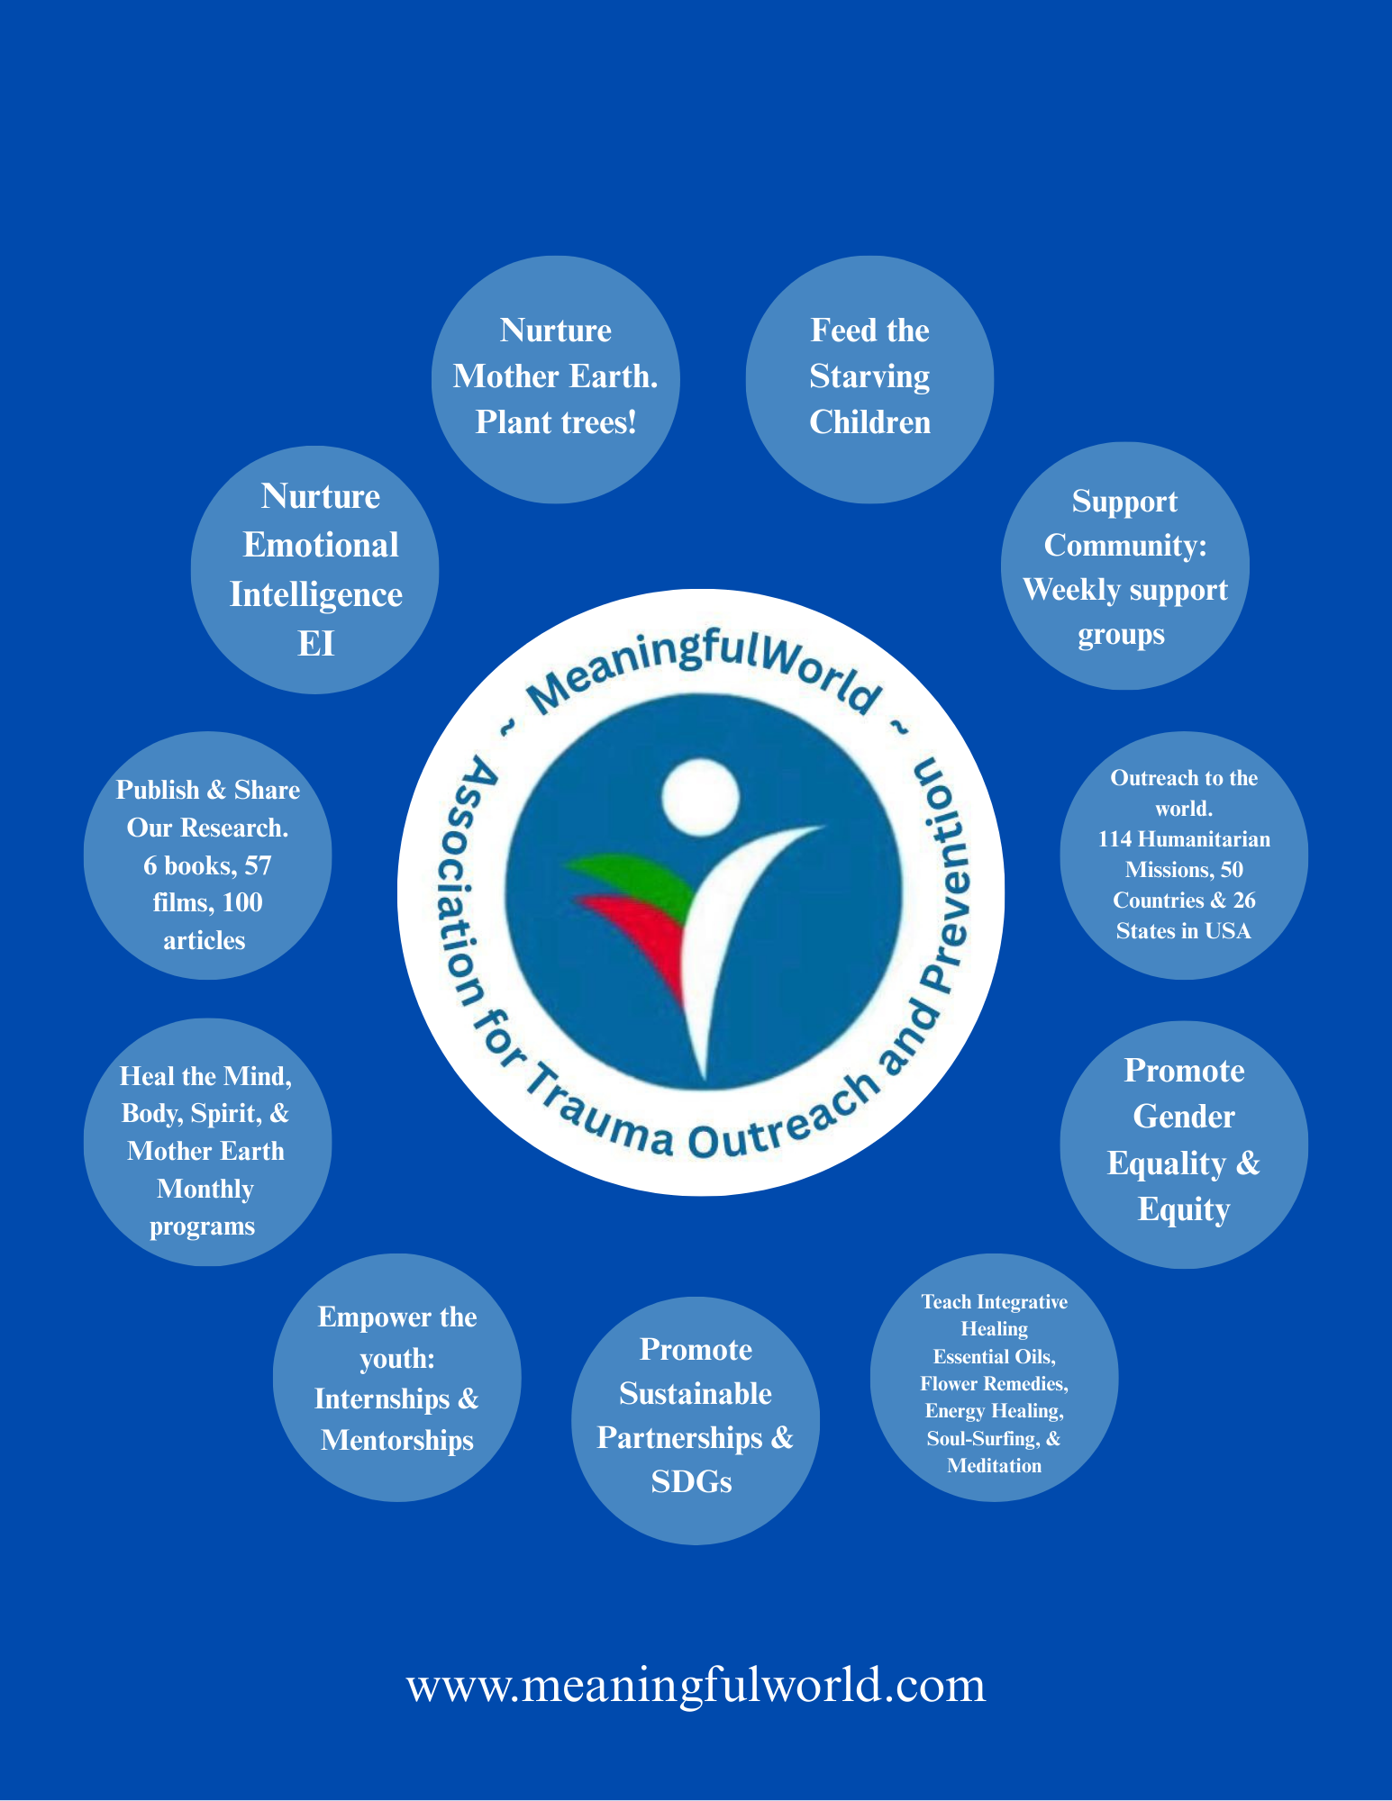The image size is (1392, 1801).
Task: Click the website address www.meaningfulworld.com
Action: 696,1685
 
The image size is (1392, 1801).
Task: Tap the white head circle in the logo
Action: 700,797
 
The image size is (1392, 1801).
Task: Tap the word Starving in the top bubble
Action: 869,376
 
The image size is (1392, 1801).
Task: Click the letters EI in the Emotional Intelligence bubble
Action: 315,644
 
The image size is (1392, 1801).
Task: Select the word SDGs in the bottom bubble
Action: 691,1481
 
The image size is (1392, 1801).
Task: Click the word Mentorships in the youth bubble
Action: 397,1440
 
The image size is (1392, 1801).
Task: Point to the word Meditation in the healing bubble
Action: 994,1465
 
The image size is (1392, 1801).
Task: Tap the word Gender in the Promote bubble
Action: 1183,1117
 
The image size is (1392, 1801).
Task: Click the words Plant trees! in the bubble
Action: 556,421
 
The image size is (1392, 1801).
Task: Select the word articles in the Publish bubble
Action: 205,940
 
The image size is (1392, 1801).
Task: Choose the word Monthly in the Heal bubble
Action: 205,1189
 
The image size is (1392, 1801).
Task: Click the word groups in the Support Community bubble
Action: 1122,634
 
